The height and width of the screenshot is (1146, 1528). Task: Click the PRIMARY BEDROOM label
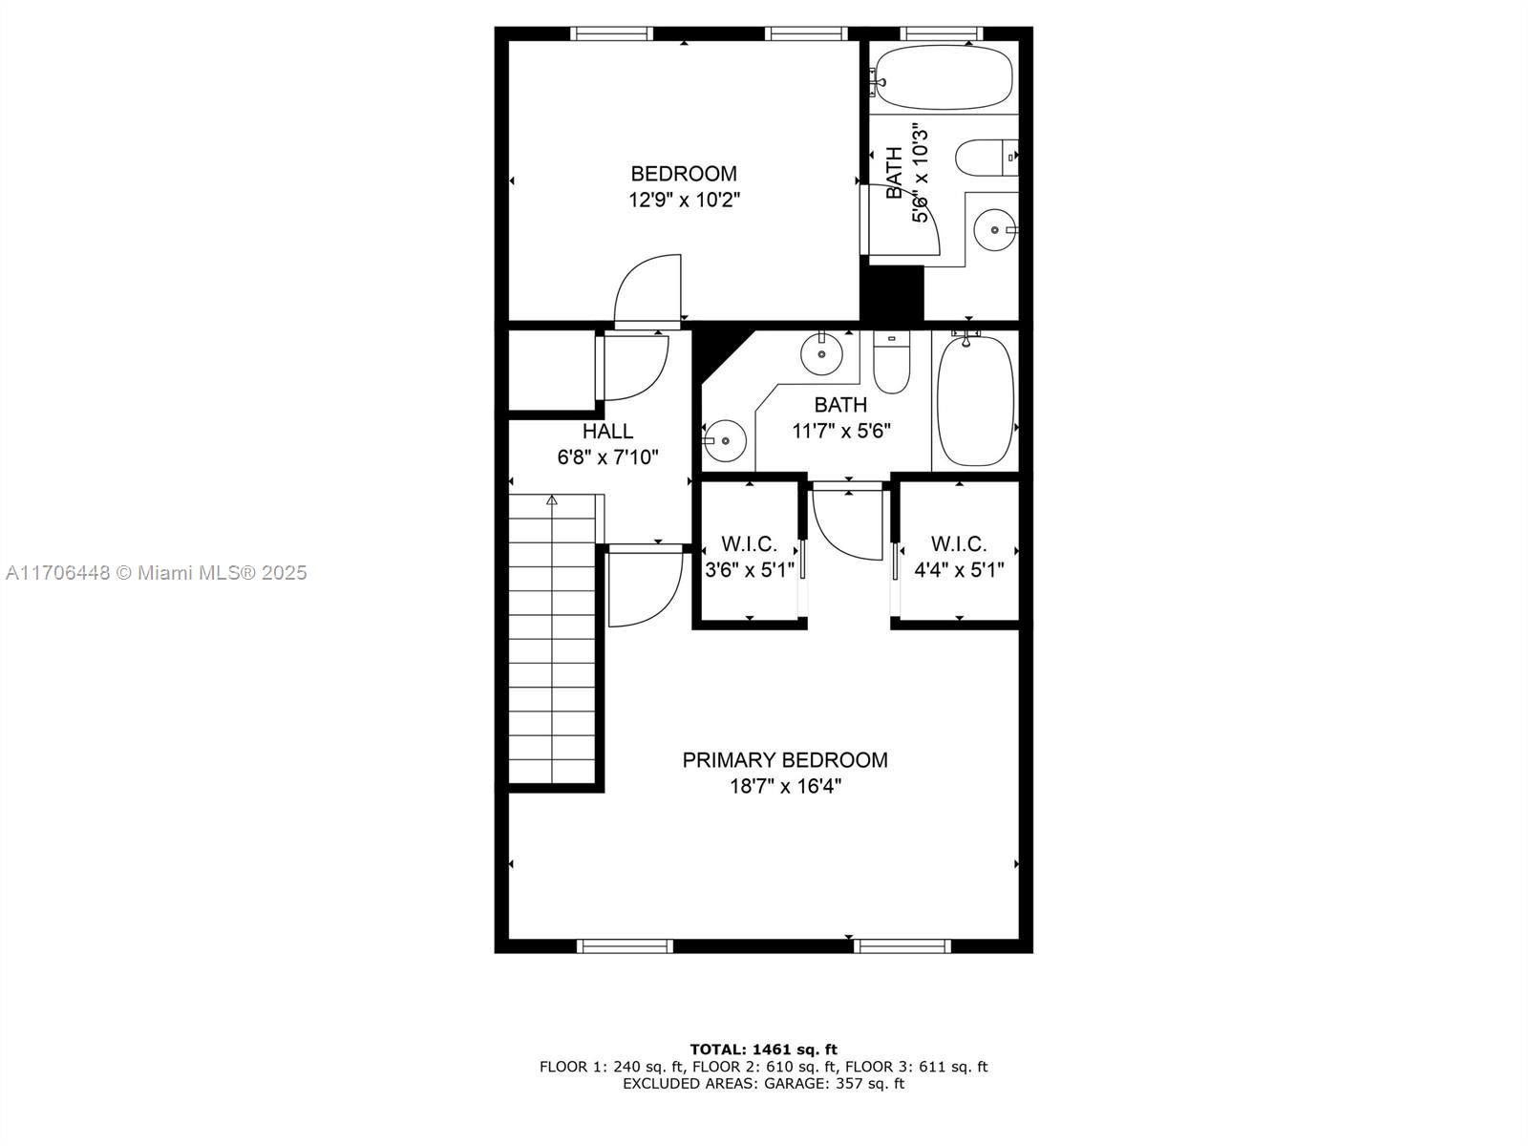point(785,760)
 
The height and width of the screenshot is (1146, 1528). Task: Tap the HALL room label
point(607,432)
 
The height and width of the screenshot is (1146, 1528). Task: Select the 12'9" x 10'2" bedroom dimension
point(685,201)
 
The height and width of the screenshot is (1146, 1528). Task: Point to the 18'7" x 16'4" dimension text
point(785,786)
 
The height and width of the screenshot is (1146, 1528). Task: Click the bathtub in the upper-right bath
point(943,78)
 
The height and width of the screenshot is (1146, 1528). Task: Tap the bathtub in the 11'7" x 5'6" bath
point(975,401)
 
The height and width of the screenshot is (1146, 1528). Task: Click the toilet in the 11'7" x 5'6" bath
point(892,362)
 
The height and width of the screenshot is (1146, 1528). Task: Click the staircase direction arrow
point(552,499)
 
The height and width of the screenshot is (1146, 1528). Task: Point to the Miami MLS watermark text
point(157,573)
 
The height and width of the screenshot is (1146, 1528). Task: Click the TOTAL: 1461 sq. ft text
point(764,1050)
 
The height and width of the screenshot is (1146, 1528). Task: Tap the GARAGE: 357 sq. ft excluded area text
point(834,1083)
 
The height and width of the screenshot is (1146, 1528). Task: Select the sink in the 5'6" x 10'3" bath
point(994,229)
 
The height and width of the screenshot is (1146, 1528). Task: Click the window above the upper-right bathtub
point(942,33)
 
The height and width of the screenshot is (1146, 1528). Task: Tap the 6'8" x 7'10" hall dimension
point(607,457)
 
